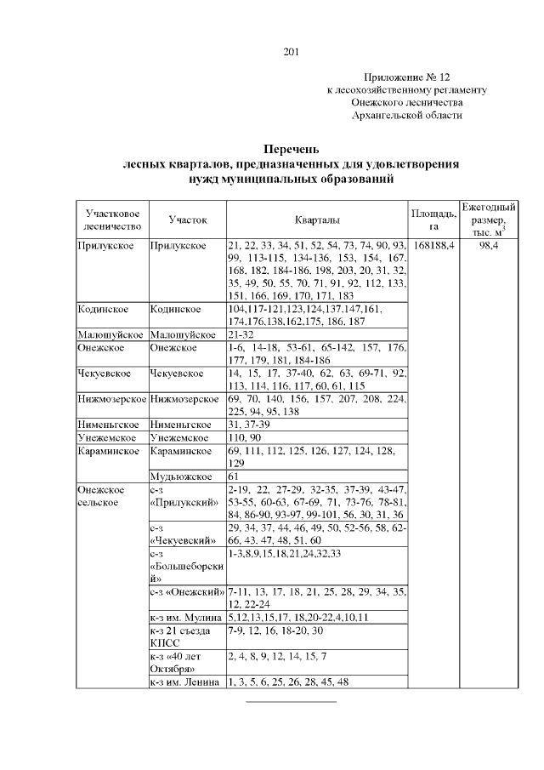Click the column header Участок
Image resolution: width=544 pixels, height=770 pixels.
[x=187, y=220]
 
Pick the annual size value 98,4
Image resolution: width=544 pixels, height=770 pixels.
[x=488, y=245]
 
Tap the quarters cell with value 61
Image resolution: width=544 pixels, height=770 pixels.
[x=234, y=476]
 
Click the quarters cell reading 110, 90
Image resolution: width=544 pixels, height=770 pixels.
[x=245, y=436]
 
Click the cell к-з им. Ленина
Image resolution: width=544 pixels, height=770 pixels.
[x=184, y=682]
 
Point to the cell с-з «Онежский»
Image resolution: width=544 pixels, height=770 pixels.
[x=186, y=591]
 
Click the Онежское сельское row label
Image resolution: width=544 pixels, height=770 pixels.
[x=100, y=496]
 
